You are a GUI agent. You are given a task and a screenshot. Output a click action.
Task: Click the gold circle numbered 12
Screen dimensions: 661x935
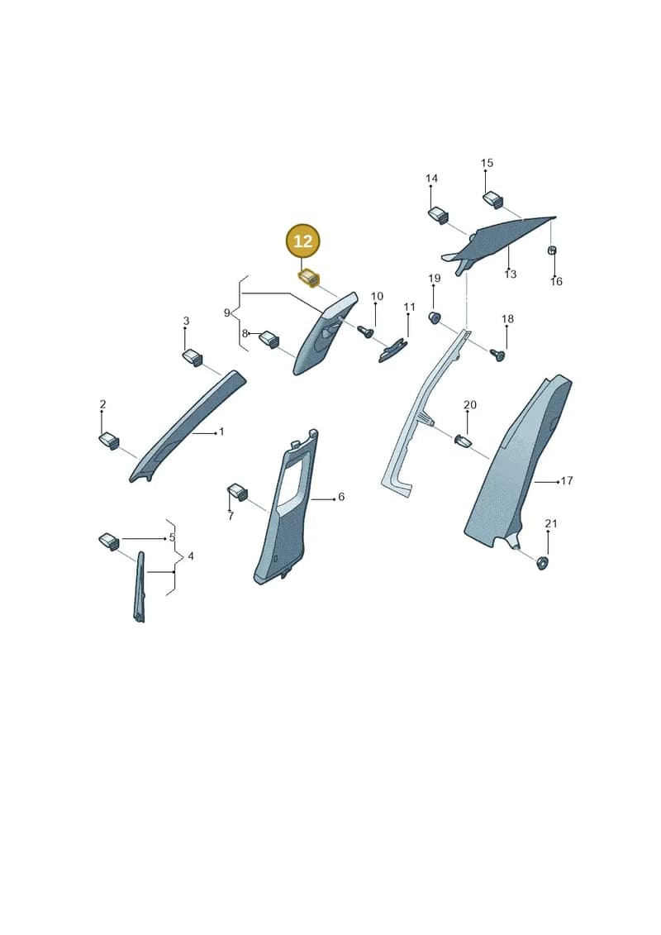click(x=303, y=241)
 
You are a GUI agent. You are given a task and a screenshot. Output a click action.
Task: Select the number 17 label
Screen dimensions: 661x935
click(x=567, y=480)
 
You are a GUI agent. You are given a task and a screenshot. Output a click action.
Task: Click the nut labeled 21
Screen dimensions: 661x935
click(x=542, y=562)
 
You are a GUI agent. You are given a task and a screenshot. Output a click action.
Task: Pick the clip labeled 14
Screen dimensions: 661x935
click(x=439, y=215)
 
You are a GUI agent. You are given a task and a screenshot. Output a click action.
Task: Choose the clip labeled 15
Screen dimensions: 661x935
click(x=493, y=199)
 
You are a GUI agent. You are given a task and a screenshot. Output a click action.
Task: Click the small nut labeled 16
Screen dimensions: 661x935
click(x=552, y=250)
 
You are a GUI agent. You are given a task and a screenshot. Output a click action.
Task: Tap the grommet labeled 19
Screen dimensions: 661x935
click(x=435, y=317)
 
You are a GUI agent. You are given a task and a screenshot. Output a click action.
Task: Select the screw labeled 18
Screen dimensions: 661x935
click(x=497, y=354)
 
